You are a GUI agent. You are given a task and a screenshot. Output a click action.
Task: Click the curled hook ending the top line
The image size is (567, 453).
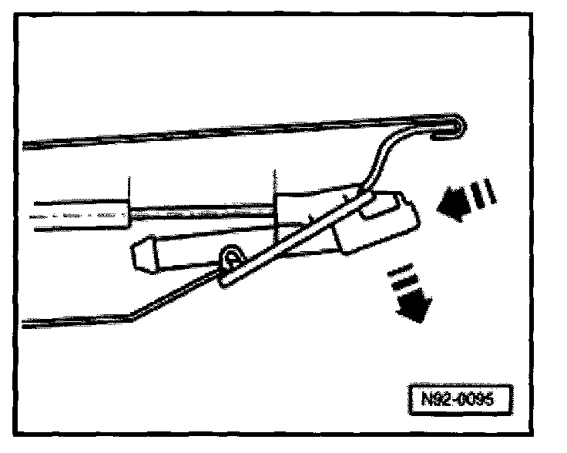(x=455, y=128)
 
